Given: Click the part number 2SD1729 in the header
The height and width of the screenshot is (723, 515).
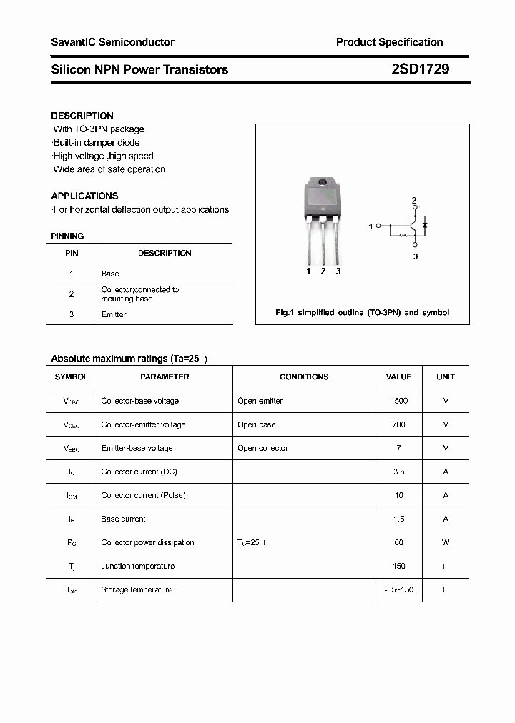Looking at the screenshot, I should click(x=420, y=69).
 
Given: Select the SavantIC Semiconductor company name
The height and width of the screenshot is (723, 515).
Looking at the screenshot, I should click(x=112, y=42).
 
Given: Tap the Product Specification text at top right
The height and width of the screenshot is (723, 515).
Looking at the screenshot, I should click(x=389, y=42).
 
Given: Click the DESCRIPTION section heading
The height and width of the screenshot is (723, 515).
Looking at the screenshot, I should click(x=82, y=116).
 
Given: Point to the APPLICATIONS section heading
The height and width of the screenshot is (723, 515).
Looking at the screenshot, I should click(x=84, y=196).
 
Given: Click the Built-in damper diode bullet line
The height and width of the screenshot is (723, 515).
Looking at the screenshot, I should click(x=97, y=143).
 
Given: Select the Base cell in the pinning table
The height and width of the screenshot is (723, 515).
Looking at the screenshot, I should click(x=110, y=274).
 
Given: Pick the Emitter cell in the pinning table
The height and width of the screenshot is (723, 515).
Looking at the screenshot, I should click(x=114, y=314).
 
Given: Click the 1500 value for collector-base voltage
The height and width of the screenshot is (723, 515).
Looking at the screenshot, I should click(x=398, y=401).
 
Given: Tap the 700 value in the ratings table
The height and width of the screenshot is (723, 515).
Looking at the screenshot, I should click(x=398, y=424).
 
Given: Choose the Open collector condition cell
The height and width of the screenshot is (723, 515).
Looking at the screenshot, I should click(x=263, y=448).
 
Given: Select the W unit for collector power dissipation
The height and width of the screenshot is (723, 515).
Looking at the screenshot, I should click(x=445, y=542).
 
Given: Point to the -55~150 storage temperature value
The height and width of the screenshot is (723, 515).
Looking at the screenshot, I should click(x=398, y=589).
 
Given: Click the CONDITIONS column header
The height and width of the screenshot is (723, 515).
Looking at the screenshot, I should click(x=304, y=377).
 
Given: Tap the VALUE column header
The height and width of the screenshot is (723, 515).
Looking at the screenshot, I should click(x=398, y=377).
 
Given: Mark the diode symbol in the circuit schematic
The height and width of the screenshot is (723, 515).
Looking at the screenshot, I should click(x=424, y=225).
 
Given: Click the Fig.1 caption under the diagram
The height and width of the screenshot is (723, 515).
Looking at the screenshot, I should click(x=362, y=313).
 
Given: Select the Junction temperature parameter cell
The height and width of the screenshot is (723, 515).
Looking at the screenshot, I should click(x=137, y=566).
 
